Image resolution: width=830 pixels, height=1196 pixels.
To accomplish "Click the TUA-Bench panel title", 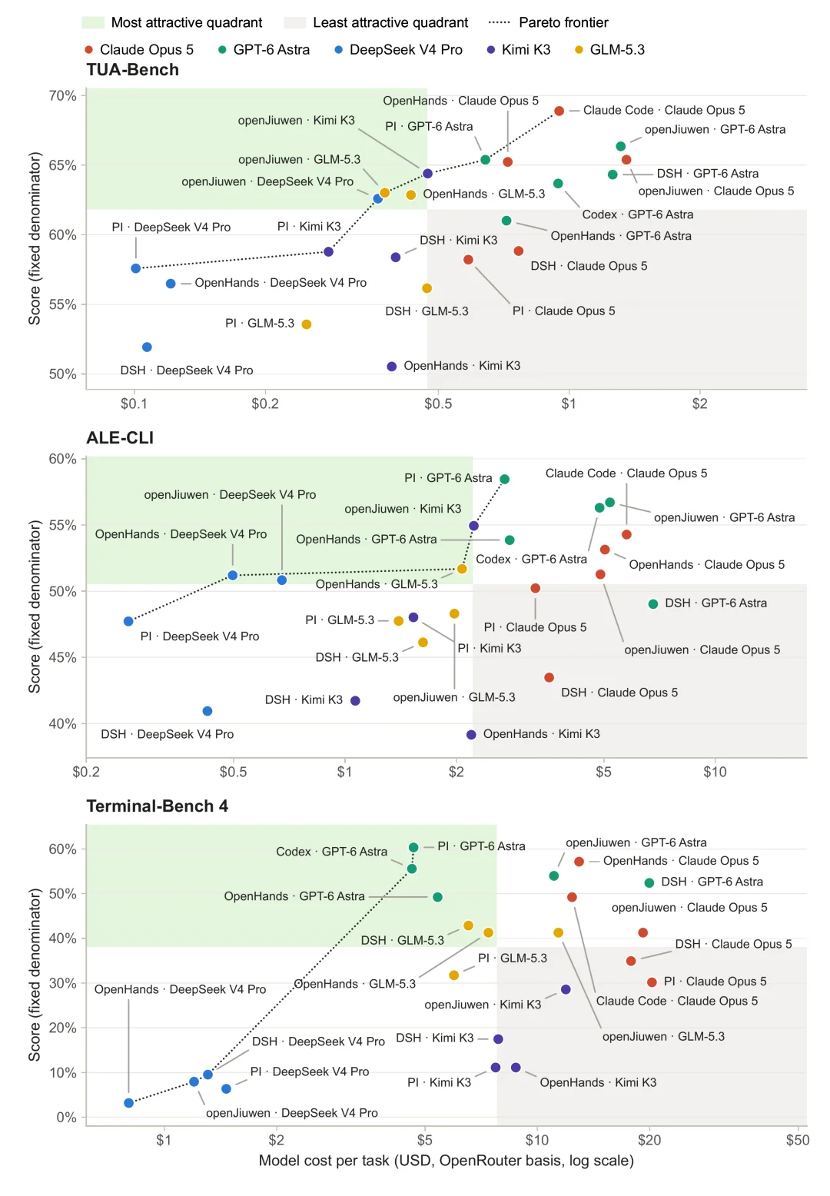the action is (132, 69).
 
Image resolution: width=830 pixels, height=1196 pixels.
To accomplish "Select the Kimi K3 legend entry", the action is (518, 50).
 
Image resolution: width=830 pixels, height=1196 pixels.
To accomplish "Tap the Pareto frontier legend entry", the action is (548, 22).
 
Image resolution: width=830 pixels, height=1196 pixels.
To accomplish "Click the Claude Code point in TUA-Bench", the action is (559, 111).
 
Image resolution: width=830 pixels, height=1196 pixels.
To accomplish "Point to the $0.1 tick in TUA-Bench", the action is (134, 404).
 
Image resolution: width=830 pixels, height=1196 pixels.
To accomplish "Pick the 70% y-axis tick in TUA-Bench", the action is (62, 95).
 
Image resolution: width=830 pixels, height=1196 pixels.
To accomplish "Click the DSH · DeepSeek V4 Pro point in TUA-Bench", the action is (147, 347).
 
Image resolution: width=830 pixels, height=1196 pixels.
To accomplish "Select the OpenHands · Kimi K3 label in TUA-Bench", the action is (462, 366).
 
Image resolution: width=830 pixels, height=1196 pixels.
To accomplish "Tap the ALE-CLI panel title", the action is (120, 438).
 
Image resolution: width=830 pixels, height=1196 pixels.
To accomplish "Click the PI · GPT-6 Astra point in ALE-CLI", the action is (504, 479).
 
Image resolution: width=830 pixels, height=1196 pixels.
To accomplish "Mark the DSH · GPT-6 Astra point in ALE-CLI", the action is (652, 604).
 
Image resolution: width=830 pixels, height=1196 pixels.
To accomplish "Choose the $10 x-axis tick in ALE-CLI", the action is (715, 772).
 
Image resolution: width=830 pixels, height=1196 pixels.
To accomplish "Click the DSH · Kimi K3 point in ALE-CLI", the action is (355, 700).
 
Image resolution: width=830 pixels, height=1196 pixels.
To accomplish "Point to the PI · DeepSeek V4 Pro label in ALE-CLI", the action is (200, 636).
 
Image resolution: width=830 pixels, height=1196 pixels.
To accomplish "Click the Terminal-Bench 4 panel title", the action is (157, 806).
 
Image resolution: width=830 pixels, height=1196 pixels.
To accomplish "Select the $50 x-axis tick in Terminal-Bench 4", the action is (798, 1140).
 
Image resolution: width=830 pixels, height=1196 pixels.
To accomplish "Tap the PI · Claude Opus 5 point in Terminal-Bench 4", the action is (651, 982).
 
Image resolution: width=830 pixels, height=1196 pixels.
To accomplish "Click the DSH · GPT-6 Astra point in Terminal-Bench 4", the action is (649, 882).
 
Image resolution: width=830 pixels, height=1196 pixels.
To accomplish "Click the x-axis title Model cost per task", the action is (447, 1160).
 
